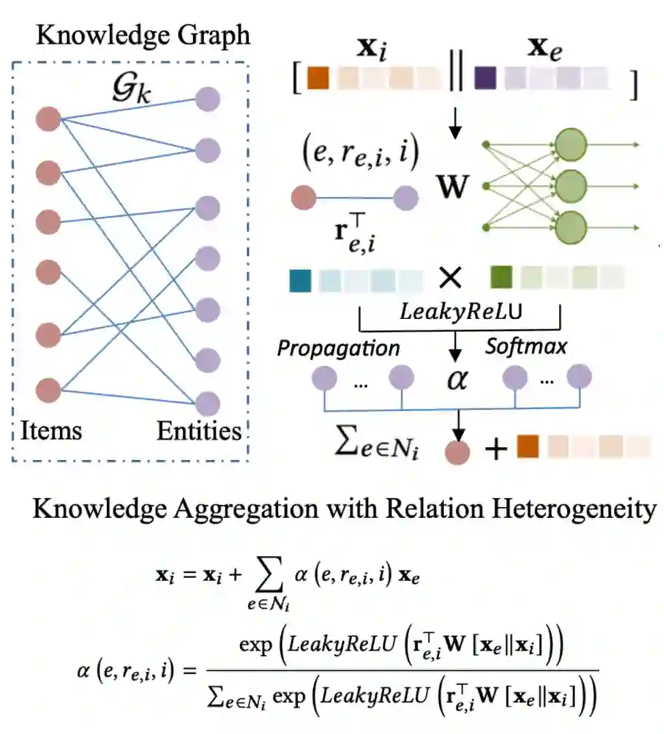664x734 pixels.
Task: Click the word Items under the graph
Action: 52,430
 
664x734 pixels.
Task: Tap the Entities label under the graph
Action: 199,431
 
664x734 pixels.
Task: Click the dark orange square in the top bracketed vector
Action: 318,78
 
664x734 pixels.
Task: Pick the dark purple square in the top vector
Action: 485,78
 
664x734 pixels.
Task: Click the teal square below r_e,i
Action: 301,279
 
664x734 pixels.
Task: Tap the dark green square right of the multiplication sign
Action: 501,277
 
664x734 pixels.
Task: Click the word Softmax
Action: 526,346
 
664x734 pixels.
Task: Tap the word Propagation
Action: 338,348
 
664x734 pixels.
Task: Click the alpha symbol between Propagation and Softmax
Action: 456,379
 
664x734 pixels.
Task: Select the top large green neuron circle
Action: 571,144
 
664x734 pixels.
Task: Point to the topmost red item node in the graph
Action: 49,118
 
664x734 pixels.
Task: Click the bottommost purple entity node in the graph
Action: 207,400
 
